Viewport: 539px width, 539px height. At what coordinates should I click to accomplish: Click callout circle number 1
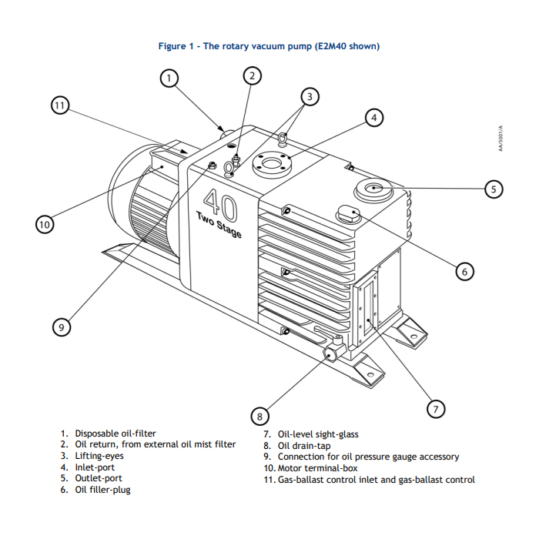(x=170, y=77)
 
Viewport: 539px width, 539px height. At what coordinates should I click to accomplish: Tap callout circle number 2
(x=253, y=75)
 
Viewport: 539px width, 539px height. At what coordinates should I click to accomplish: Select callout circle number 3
(x=310, y=97)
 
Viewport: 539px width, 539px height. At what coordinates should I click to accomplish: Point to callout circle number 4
(x=373, y=118)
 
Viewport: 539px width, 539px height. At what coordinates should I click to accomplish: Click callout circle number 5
(x=494, y=189)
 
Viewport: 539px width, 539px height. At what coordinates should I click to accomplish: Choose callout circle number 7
(x=435, y=409)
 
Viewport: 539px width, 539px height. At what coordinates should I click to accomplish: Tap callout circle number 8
(x=259, y=417)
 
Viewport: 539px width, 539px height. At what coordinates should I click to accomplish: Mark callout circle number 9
(x=61, y=326)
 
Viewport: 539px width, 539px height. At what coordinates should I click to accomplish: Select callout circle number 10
(x=45, y=224)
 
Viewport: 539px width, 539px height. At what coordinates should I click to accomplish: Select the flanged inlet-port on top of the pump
(x=273, y=163)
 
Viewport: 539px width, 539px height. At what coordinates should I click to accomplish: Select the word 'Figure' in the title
(x=171, y=46)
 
